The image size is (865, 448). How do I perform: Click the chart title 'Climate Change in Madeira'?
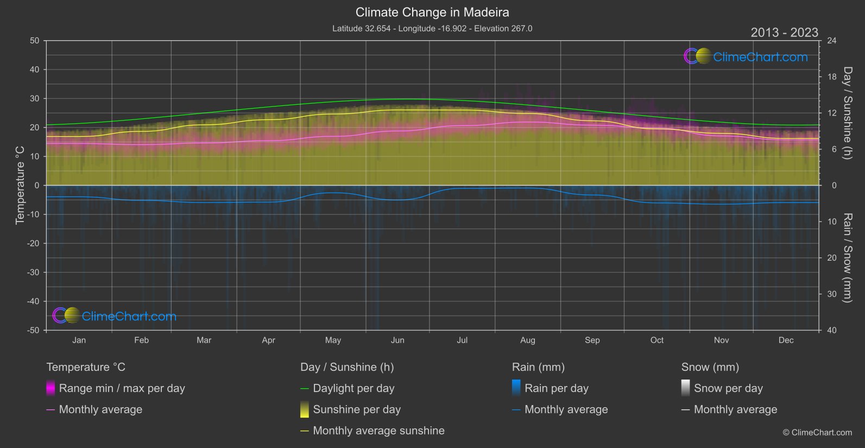tap(432, 12)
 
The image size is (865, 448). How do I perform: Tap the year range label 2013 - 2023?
tap(784, 33)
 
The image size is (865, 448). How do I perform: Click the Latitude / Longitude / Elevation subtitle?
tap(432, 28)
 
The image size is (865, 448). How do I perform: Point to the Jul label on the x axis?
tap(462, 340)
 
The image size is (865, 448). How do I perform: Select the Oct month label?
tap(657, 340)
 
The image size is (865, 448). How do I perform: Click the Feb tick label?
tap(141, 340)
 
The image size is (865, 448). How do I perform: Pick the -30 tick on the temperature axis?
tap(34, 272)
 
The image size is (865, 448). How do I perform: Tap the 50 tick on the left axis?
tap(35, 41)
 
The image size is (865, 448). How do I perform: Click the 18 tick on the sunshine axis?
tap(832, 77)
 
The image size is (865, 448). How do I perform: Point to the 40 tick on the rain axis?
tap(832, 330)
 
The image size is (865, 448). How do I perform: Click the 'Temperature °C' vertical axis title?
tap(20, 185)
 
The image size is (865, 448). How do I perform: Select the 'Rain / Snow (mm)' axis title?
tap(847, 257)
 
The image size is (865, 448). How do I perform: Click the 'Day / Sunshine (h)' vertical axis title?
tap(847, 113)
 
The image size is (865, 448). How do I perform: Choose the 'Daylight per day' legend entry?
tap(353, 388)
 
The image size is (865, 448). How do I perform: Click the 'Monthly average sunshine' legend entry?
tap(378, 431)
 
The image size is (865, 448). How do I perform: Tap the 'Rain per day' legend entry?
tap(556, 388)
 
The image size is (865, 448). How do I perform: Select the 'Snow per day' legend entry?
tap(728, 388)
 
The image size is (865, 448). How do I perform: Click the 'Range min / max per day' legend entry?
tap(122, 388)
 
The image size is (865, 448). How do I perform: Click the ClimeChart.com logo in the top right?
tap(746, 56)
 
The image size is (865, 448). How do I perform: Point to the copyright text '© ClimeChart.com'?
tap(817, 432)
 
